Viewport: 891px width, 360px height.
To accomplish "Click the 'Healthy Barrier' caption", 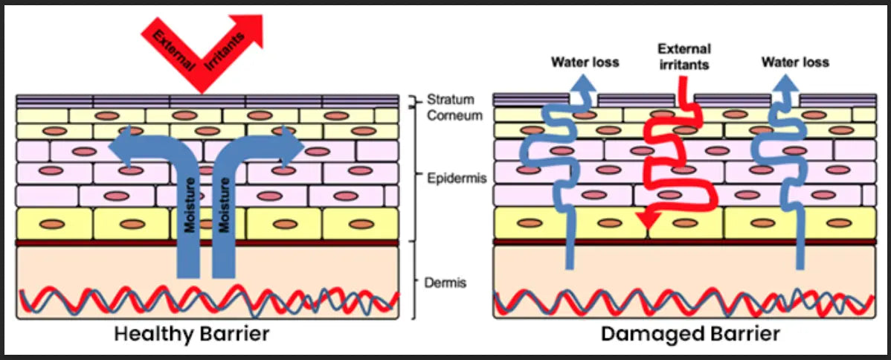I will click(x=191, y=334).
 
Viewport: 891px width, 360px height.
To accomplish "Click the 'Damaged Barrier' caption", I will click(x=691, y=334).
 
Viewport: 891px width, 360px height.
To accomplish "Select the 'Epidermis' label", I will click(x=451, y=179).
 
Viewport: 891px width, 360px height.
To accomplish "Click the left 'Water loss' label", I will click(x=585, y=61).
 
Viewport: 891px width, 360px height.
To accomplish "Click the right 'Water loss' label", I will click(x=795, y=61).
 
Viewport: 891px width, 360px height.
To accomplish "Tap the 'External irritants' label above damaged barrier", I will click(x=684, y=57).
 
